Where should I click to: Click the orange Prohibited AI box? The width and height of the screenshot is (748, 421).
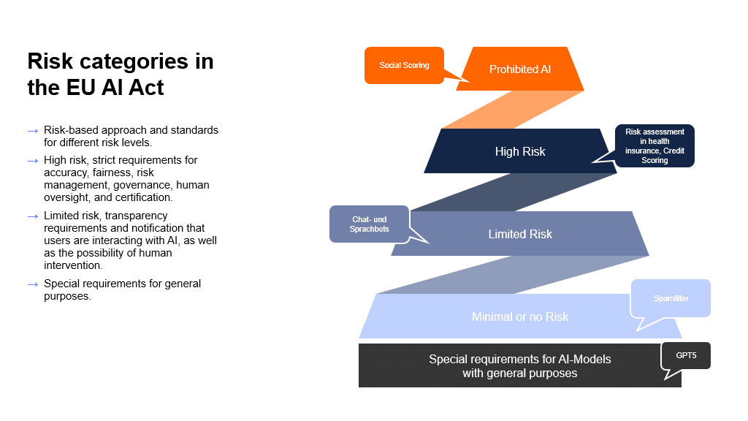(520, 69)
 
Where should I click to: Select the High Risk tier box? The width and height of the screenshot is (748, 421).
(520, 151)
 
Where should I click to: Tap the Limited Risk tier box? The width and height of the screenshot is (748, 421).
(520, 234)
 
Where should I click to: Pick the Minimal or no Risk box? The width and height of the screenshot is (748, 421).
(520, 316)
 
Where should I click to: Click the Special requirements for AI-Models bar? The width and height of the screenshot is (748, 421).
(519, 365)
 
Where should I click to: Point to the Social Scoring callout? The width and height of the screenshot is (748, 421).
(404, 65)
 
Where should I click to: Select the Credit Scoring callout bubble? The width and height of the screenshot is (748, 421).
(654, 145)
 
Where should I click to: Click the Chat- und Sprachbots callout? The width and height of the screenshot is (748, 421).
(369, 224)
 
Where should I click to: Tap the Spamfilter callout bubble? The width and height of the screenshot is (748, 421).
(671, 298)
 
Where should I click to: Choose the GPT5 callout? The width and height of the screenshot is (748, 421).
(686, 354)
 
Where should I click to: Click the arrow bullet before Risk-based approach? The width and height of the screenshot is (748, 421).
(33, 131)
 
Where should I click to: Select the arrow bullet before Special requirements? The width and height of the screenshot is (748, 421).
(33, 284)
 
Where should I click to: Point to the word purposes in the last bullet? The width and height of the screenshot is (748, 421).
(67, 296)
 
